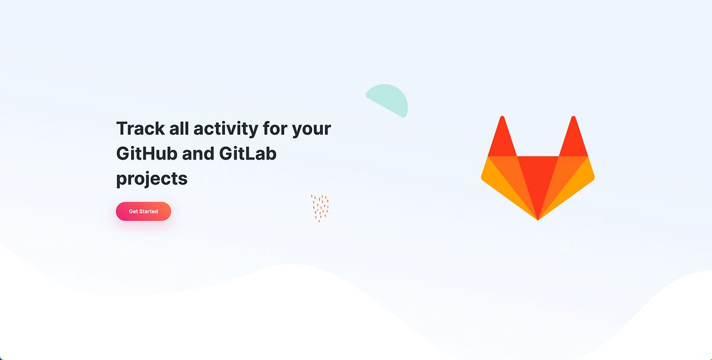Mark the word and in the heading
pos(198,154)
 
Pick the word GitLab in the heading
pos(248,154)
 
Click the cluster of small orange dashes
pos(320,207)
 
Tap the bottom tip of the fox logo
pos(538,218)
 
